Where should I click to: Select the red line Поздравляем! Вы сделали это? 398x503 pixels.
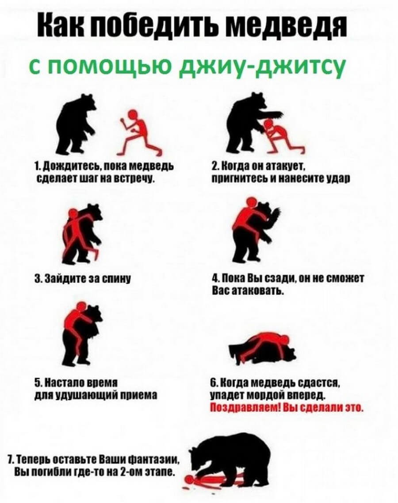(286, 408)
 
